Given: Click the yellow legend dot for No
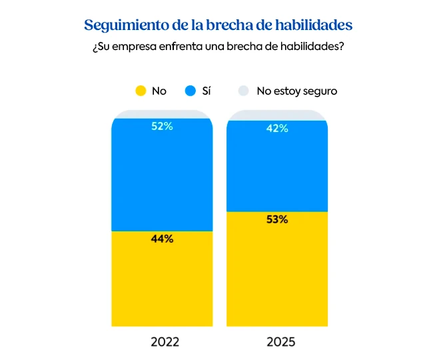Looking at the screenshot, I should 140,91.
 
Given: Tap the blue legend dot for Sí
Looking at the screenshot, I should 191,91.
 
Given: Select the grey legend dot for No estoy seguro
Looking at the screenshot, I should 244,91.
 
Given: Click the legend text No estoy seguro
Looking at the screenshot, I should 296,91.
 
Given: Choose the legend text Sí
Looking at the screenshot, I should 207,91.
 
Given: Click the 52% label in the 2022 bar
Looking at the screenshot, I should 162,126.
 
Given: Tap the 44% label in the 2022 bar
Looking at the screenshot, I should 162,239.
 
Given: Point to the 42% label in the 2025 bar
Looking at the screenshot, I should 277,129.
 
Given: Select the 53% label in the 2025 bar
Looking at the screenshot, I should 277,219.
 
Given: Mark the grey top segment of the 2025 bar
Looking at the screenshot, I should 277,115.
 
